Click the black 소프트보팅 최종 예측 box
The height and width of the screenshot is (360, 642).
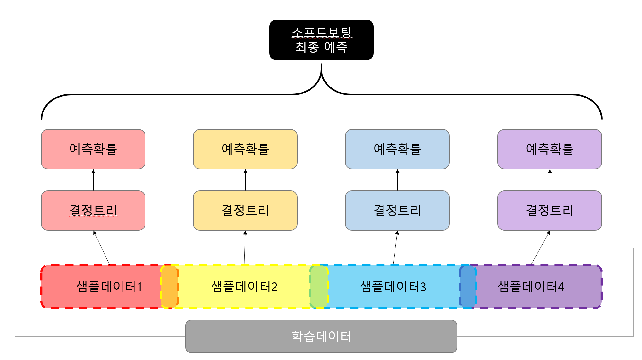pyautogui.click(x=321, y=40)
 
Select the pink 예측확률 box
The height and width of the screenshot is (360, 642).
pyautogui.click(x=93, y=149)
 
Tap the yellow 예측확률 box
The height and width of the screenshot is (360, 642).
pyautogui.click(x=245, y=149)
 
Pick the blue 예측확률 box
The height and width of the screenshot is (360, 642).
pyautogui.click(x=397, y=149)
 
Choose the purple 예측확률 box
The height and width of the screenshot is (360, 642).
pyautogui.click(x=549, y=149)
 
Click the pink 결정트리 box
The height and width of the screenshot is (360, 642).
pyautogui.click(x=93, y=210)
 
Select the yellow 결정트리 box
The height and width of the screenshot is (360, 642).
pyautogui.click(x=245, y=210)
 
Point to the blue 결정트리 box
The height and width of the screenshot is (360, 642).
pyautogui.click(x=397, y=210)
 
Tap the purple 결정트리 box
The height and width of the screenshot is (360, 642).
pyautogui.click(x=549, y=210)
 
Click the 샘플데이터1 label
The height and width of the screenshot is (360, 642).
pyautogui.click(x=109, y=287)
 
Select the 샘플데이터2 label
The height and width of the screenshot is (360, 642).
pyautogui.click(x=244, y=287)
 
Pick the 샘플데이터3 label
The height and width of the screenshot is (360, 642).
pyautogui.click(x=393, y=287)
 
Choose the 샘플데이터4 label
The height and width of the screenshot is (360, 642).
pyautogui.click(x=531, y=287)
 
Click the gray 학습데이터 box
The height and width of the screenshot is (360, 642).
pyautogui.click(x=321, y=336)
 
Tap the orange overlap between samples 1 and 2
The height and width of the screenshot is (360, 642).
pyautogui.click(x=169, y=287)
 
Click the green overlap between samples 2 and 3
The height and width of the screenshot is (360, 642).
pyautogui.click(x=319, y=287)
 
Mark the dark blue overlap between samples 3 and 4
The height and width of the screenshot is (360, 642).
pyautogui.click(x=468, y=287)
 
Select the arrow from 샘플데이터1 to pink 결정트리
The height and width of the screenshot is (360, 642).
pyautogui.click(x=101, y=248)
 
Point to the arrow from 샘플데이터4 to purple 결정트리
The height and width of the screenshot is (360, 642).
pyautogui.click(x=540, y=248)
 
